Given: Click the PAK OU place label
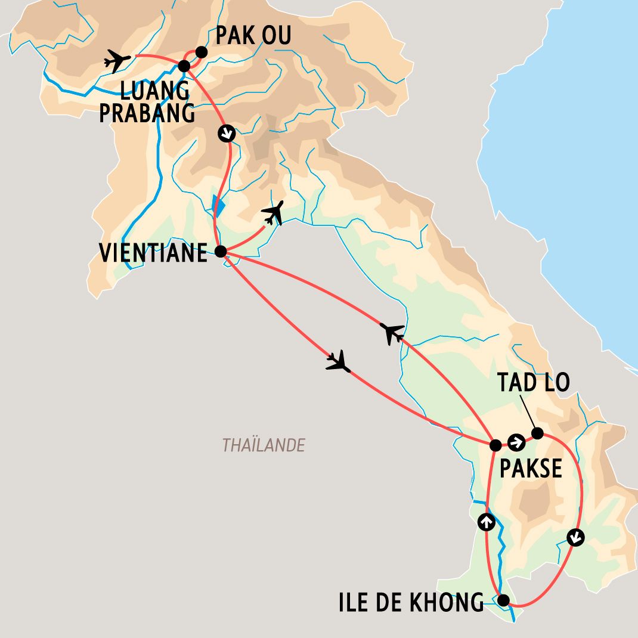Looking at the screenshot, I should click(253, 36).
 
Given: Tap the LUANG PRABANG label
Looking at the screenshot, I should click(147, 102).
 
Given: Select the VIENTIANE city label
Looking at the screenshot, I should click(153, 253).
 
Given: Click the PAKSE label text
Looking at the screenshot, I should click(531, 469).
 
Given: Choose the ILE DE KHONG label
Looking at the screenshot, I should click(411, 603).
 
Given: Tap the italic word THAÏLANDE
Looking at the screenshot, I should click(264, 445).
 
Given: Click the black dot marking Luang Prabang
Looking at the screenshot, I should click(184, 66).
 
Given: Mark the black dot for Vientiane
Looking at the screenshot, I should click(220, 252).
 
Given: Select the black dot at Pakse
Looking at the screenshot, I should click(495, 445).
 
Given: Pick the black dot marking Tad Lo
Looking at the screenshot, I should click(537, 433).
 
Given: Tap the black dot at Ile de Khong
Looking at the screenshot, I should click(504, 600).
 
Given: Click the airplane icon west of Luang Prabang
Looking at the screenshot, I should click(117, 60).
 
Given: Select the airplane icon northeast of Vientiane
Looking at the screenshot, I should click(273, 213).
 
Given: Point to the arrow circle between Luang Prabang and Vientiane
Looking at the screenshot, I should click(227, 134).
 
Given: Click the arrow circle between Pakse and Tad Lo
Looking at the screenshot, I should click(516, 442).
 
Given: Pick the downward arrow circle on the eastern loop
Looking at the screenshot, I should click(575, 538).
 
